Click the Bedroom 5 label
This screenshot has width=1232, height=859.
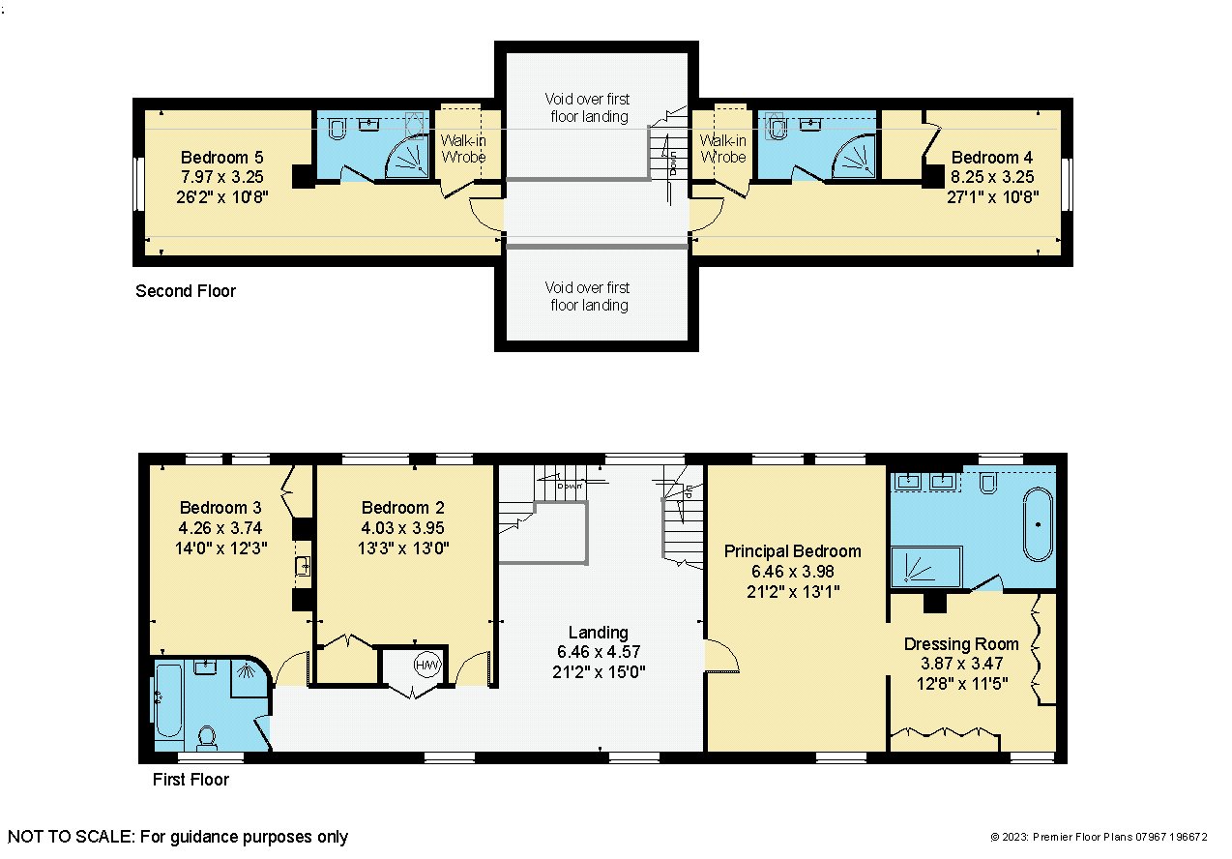click(x=222, y=158)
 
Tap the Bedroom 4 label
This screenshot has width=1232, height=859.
click(x=992, y=158)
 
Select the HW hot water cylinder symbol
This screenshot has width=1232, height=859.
click(x=427, y=666)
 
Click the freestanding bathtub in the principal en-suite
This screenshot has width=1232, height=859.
click(x=1038, y=524)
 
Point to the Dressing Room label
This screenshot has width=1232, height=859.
click(x=961, y=644)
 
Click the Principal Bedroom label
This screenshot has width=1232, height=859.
click(x=793, y=551)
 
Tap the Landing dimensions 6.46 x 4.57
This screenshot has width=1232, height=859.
click(x=599, y=652)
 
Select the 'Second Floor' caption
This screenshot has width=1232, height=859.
click(x=186, y=290)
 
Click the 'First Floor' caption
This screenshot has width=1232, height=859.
click(x=191, y=780)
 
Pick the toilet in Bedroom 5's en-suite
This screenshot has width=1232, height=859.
click(x=337, y=129)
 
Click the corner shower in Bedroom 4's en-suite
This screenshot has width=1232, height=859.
click(x=854, y=157)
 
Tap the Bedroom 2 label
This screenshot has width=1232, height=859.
click(x=402, y=507)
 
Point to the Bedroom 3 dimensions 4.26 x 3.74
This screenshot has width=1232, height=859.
click(x=220, y=528)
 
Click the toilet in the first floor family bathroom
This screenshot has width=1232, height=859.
click(x=207, y=737)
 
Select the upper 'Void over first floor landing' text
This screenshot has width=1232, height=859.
click(x=588, y=107)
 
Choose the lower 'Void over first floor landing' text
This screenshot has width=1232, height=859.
click(x=588, y=296)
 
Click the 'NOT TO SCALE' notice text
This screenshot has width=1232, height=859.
click(x=178, y=837)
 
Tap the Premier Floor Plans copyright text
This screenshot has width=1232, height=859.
click(x=1099, y=837)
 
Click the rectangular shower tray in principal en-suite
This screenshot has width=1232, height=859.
click(x=926, y=566)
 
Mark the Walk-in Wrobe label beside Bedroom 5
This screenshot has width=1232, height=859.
click(x=463, y=149)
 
